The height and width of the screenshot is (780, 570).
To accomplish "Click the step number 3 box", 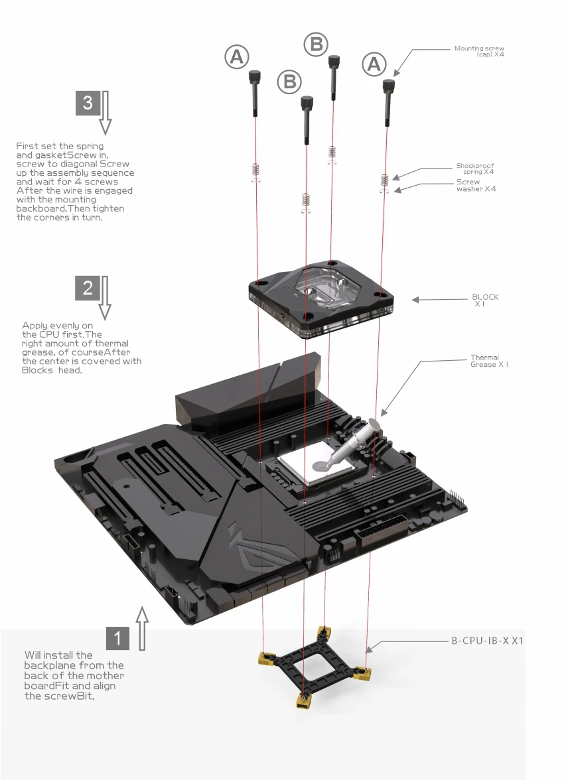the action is click(88, 103).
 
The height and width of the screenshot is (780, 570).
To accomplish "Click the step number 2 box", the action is click(88, 288).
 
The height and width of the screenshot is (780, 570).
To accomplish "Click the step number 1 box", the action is click(117, 638).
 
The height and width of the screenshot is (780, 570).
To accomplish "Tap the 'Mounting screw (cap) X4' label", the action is click(479, 51).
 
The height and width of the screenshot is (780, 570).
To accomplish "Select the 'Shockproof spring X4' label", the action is click(475, 168).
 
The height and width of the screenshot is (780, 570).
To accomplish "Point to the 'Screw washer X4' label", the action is click(476, 186).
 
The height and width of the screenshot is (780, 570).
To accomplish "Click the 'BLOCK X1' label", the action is click(485, 300).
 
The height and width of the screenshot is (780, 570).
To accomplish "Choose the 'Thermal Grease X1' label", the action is click(489, 361).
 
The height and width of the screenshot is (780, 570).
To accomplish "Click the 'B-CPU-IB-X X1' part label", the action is click(487, 641).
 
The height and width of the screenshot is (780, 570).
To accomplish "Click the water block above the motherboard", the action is click(321, 301).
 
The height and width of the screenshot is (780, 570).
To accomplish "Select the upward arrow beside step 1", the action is click(143, 628).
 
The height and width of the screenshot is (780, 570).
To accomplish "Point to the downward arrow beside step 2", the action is click(105, 297).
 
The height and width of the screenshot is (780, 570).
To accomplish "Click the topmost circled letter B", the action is click(316, 44).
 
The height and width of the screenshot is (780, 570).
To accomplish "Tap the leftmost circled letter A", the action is click(236, 57).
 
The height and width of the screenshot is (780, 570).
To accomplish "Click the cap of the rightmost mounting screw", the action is click(388, 86).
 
